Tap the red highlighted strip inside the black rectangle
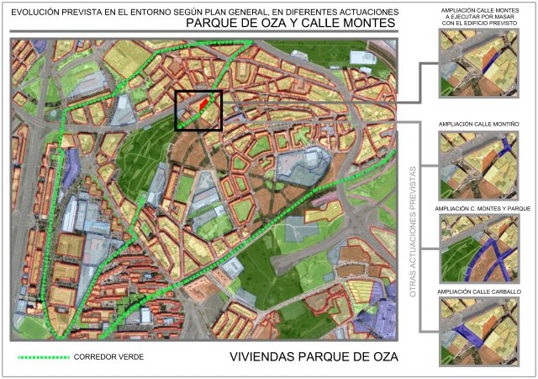(203, 104)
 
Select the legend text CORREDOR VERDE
(108, 357)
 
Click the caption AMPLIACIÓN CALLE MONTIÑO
(478, 125)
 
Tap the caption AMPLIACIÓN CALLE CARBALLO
(478, 291)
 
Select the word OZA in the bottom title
(383, 356)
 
